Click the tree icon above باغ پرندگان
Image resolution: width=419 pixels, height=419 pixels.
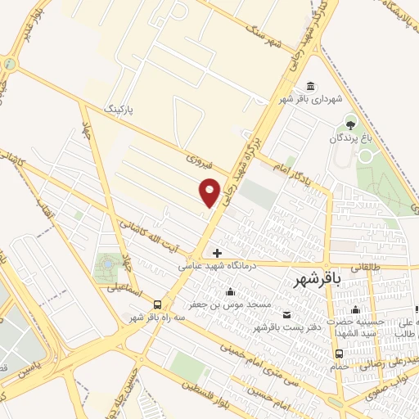[x=351, y=124]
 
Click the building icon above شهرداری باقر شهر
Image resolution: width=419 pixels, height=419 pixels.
[x=310, y=87]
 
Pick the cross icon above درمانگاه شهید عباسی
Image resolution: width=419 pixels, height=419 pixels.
[x=217, y=252]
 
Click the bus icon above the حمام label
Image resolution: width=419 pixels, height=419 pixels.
[x=339, y=354]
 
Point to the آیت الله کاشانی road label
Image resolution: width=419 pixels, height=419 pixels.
[x=151, y=232]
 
